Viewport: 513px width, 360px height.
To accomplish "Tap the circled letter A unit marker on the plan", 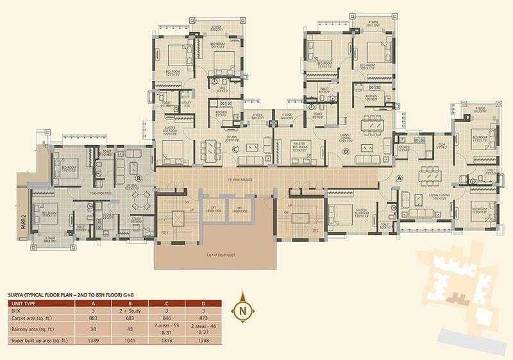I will click(x=399, y=178).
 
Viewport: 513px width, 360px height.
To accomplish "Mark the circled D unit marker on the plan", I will click(x=346, y=151).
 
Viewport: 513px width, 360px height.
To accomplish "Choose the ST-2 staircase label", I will click(x=315, y=230).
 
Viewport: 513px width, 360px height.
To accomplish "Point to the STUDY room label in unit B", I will click(x=137, y=218).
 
